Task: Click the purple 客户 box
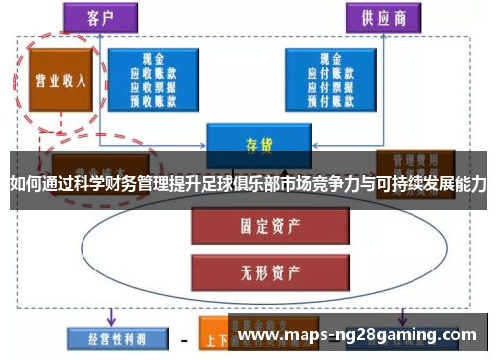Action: point(99,17)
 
